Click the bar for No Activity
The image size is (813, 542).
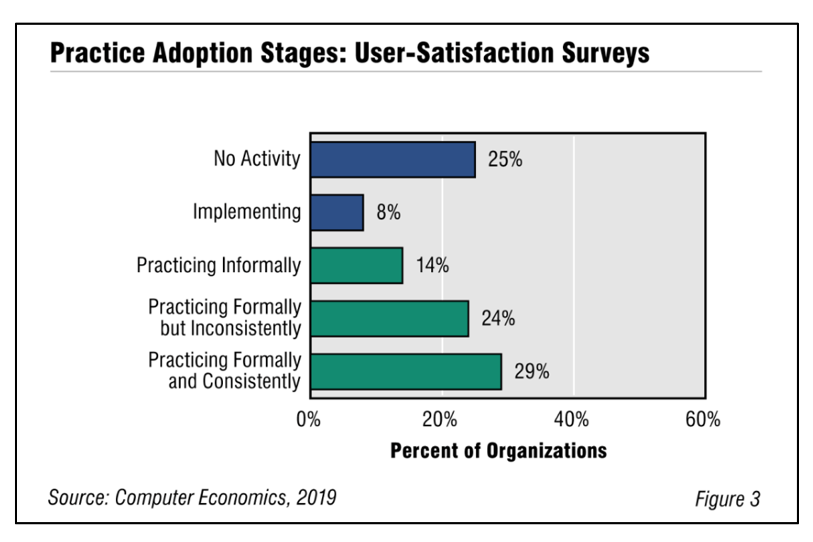coord(392,159)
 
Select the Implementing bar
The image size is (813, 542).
coord(337,212)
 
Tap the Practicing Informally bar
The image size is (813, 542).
coord(356,265)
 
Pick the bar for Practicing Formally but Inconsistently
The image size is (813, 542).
coord(390,318)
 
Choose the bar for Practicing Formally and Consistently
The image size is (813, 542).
coord(406,371)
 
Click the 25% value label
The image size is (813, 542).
coord(505,159)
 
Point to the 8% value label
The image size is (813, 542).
coord(388,212)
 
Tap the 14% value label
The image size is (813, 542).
coord(432,265)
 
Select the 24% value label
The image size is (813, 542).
coord(498,318)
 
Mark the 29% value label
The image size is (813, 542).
coord(531,371)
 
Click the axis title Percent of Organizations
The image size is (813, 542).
coord(498,451)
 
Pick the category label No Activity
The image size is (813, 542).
coord(257,159)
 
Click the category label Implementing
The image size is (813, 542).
coord(247,212)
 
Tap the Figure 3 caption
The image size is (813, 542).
coord(728,499)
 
